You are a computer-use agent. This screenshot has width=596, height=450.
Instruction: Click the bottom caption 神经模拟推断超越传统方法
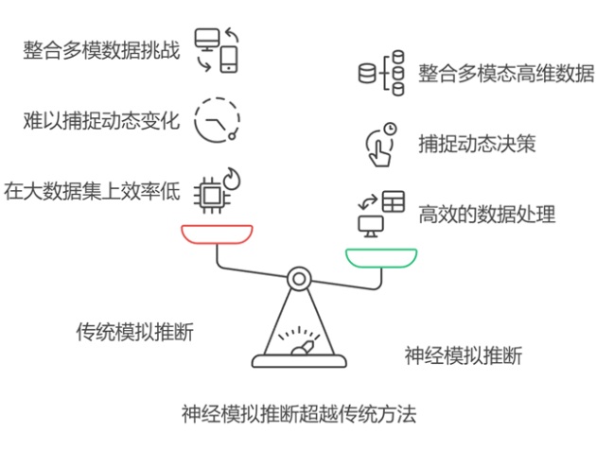(299, 414)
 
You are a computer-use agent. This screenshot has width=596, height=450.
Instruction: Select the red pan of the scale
(217, 234)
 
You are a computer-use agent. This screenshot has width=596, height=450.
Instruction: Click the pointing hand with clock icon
(380, 144)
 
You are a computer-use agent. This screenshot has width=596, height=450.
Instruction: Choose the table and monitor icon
(380, 213)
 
